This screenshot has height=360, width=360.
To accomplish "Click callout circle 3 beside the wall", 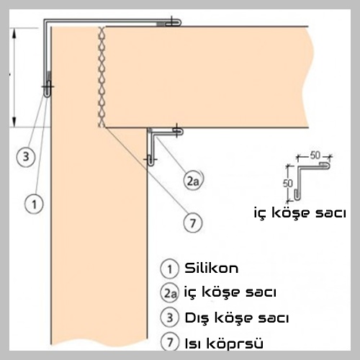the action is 26,157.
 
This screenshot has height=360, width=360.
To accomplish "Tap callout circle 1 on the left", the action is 34,204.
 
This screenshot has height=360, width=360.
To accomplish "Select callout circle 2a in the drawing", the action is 193,180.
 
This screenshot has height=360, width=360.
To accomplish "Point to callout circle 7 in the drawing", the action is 193,223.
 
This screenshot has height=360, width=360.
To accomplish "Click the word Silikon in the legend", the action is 212,268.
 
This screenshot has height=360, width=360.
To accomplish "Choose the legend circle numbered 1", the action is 170,269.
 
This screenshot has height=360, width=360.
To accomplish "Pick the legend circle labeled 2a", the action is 170,293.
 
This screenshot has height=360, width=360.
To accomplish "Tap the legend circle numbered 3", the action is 170,318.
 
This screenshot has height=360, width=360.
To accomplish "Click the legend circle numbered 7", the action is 170,342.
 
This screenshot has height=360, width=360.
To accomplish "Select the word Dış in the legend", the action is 197,318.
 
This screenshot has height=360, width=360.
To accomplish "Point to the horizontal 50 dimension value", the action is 315,156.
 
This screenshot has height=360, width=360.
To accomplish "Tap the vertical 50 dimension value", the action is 288,184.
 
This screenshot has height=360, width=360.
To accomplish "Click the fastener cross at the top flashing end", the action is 172,22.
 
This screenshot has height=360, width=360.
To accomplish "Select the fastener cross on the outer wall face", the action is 48,86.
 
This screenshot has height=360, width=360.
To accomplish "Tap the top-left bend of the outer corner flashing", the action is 45,21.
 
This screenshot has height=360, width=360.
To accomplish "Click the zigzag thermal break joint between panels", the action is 102,77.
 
